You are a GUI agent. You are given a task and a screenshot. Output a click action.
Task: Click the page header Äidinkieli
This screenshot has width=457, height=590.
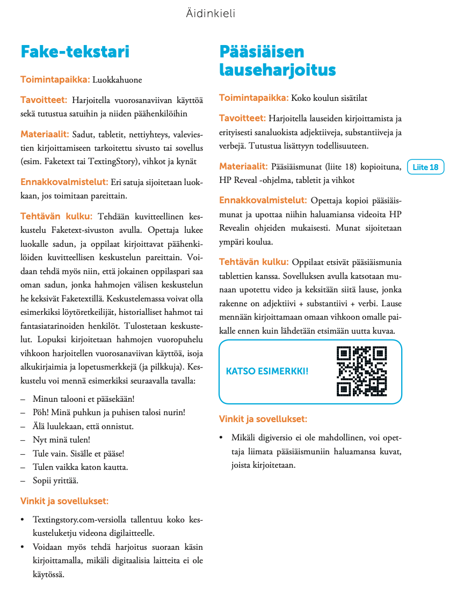click(x=211, y=14)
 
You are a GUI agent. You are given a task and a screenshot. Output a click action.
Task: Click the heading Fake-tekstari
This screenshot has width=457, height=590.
click(x=75, y=52)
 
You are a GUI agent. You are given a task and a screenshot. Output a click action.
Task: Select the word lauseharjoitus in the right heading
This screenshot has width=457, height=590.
click(x=277, y=70)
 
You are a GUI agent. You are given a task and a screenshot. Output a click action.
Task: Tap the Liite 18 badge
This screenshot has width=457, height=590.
click(x=426, y=167)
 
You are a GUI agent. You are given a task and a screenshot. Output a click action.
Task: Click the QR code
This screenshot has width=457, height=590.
click(x=361, y=371)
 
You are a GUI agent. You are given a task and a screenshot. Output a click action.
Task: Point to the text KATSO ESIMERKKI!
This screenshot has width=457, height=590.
click(x=267, y=371)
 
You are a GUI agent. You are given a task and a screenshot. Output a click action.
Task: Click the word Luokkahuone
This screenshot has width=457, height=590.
click(x=117, y=80)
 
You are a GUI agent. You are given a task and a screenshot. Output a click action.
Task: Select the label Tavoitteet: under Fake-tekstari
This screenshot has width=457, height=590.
click(x=43, y=100)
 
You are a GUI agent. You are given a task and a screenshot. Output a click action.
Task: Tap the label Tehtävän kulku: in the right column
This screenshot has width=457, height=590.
click(x=253, y=262)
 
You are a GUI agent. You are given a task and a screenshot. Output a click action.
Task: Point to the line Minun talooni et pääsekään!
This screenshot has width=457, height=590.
click(x=83, y=399)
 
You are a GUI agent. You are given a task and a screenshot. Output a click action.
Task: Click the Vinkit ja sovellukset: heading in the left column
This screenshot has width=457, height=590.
click(x=64, y=501)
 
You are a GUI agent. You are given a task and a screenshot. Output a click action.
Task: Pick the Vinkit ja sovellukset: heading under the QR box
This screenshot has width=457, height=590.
click(x=263, y=419)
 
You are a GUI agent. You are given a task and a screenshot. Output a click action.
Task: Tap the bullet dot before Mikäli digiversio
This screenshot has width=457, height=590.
click(x=221, y=438)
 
